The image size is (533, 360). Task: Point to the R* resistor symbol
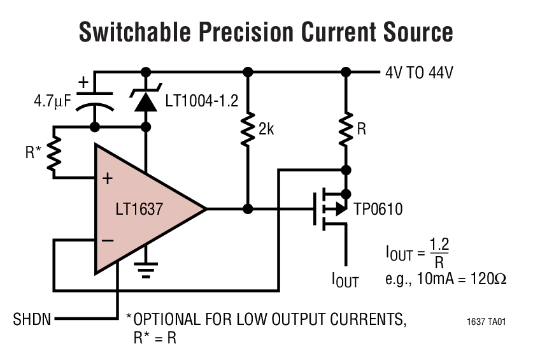tap(55, 152)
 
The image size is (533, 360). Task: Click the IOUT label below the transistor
tap(345, 280)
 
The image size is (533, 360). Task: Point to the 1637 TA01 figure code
tap(486, 322)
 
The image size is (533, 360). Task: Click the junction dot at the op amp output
tap(248, 208)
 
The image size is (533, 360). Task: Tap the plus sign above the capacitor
tap(83, 82)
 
